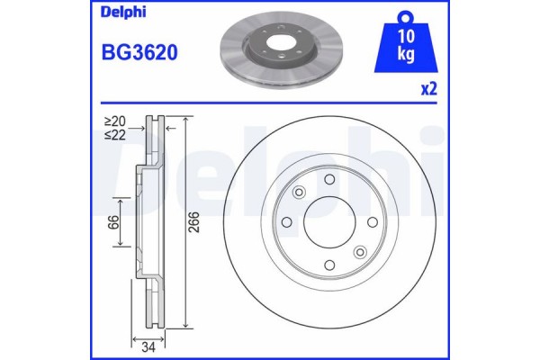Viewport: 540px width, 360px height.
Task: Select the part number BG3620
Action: (132, 52)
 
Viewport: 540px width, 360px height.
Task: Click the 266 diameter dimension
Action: (195, 229)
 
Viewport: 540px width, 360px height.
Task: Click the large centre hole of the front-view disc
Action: (329, 221)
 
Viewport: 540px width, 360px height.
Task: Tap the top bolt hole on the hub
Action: (329, 179)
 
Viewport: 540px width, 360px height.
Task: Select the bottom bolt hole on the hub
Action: (329, 264)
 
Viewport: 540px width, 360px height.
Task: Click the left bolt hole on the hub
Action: (287, 221)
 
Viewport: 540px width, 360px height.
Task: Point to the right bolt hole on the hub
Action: (372, 221)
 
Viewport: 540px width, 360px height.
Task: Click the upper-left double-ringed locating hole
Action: (300, 192)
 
